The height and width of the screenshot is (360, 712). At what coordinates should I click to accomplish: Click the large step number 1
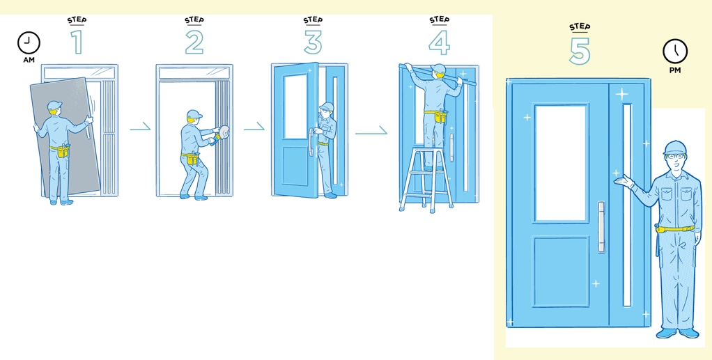pos(77,42)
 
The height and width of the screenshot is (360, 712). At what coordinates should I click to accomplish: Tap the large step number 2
pos(194,42)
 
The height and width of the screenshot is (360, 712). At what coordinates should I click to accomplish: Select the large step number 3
pos(313,42)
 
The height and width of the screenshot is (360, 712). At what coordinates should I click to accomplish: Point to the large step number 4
pos(439,42)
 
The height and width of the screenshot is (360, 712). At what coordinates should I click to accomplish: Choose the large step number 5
pos(580,51)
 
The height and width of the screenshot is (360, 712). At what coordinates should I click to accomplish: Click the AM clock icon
pos(29,43)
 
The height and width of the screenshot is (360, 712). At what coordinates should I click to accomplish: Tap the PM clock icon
pos(675,51)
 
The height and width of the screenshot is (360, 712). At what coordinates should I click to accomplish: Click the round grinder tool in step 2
pos(224,133)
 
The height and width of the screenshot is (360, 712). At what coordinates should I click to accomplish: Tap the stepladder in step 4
pos(426,179)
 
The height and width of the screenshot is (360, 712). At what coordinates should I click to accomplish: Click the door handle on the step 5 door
pos(601,227)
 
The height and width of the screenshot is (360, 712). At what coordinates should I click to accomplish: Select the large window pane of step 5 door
pos(561,164)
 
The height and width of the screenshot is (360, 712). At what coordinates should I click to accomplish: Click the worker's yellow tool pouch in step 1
pos(63,150)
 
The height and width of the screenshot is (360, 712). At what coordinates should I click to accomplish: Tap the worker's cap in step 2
pos(194,114)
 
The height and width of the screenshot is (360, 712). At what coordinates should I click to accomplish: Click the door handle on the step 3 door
pos(311,142)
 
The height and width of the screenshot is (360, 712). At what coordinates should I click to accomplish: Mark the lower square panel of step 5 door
pos(561,272)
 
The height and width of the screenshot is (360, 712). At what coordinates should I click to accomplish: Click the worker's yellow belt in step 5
pos(676,228)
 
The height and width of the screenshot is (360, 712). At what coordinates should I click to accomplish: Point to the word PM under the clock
pos(675,71)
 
